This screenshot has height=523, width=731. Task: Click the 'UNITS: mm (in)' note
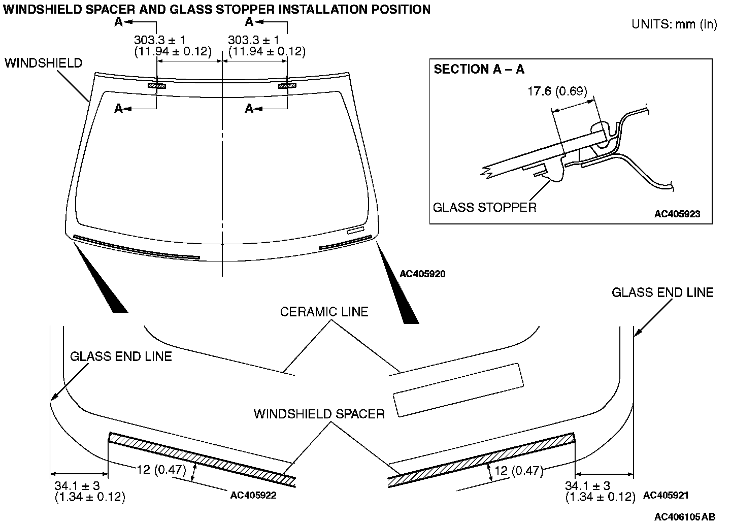[x=674, y=24]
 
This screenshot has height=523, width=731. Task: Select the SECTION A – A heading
[x=479, y=69]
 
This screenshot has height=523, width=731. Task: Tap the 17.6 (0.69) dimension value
[x=557, y=91]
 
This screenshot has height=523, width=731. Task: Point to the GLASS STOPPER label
[x=484, y=207]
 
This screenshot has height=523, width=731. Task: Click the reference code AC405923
[x=677, y=214]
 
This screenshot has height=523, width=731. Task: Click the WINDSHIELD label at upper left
[x=43, y=63]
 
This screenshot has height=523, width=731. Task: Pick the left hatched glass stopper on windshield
[x=157, y=85]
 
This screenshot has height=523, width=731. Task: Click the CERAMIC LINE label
[x=324, y=311]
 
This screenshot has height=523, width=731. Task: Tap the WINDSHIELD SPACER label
[x=319, y=414]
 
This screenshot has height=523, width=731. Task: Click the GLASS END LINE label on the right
[x=662, y=292]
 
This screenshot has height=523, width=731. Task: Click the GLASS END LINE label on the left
[x=121, y=356]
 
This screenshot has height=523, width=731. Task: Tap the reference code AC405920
[x=422, y=274]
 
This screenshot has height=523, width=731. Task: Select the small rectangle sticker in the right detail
[x=458, y=390]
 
